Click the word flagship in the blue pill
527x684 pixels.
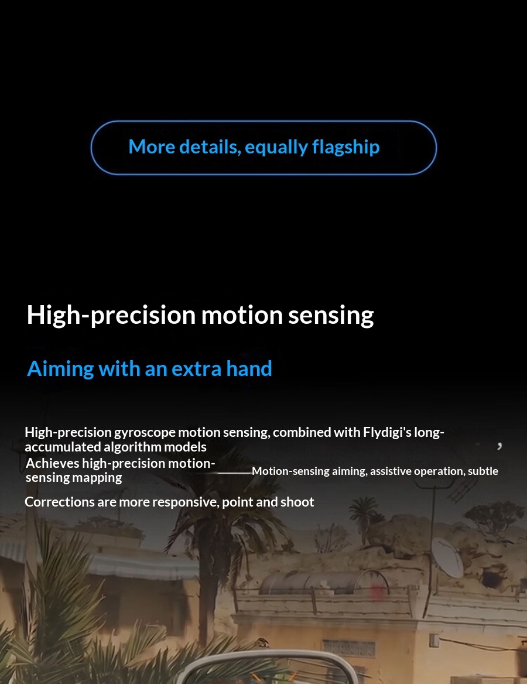coord(346,148)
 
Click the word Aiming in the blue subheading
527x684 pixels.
coord(60,369)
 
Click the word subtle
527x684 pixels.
coord(483,471)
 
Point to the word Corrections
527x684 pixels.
coord(59,502)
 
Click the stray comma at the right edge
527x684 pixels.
coord(499,446)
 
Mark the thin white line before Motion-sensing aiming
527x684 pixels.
coord(234,473)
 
